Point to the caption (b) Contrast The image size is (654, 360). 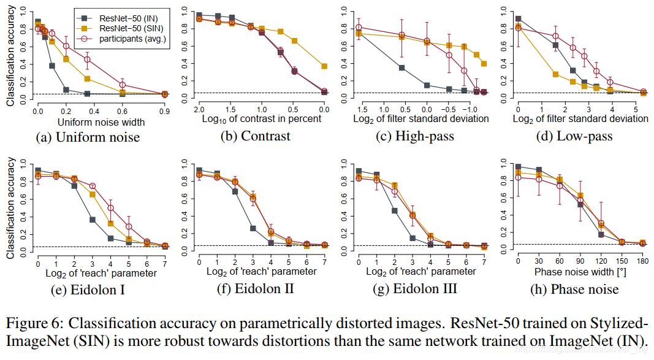(x=256, y=136)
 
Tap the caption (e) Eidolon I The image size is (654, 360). (x=91, y=289)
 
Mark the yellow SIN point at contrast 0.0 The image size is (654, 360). (x=324, y=66)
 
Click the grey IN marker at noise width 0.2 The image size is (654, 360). (x=66, y=90)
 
